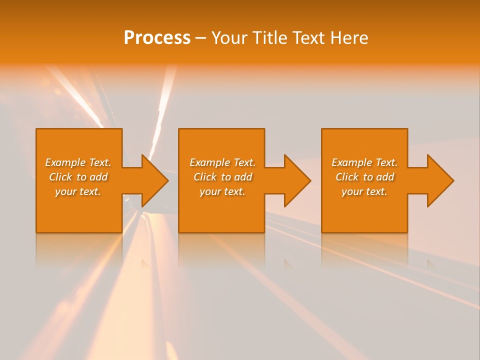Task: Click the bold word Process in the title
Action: coord(157,38)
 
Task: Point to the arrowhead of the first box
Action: coord(152,180)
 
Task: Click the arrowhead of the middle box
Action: coord(295,180)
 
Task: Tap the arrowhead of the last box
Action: coord(438,180)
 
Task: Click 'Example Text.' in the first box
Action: coord(78,162)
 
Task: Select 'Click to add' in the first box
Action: coord(78,177)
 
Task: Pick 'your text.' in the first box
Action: coord(78,191)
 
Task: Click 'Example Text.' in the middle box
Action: coord(222,162)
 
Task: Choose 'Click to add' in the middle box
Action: coord(222,177)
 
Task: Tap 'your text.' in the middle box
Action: coord(222,191)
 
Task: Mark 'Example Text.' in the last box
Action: coord(364,162)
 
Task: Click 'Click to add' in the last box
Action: coord(364,177)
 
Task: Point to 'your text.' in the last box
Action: coord(364,191)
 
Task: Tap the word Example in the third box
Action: coord(352,162)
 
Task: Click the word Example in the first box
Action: coord(65,162)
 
